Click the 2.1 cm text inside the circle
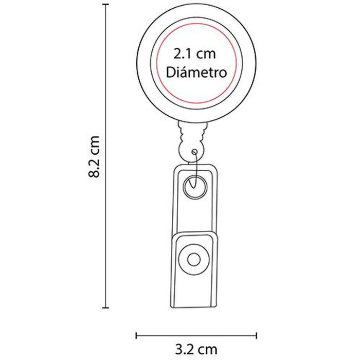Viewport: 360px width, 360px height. pyautogui.click(x=194, y=54)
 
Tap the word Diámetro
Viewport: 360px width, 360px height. pyautogui.click(x=196, y=72)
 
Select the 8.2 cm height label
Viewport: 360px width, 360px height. pyautogui.click(x=94, y=156)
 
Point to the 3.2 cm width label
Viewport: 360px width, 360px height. pyautogui.click(x=196, y=349)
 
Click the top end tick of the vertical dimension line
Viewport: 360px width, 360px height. pyautogui.click(x=105, y=4)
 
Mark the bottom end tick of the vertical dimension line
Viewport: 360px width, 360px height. pyautogui.click(x=105, y=308)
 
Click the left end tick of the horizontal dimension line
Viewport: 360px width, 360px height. pyautogui.click(x=136, y=336)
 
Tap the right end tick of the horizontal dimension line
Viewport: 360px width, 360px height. pyautogui.click(x=257, y=336)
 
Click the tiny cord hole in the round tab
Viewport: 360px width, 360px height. pyautogui.click(x=195, y=152)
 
